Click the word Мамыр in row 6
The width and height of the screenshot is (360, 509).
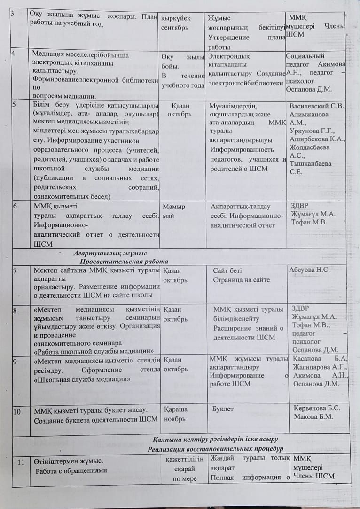173,207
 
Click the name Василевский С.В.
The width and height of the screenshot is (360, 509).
317,106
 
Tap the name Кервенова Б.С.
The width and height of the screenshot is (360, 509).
317,408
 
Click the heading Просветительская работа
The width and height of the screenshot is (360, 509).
124,261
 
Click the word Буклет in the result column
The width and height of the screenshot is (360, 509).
223,409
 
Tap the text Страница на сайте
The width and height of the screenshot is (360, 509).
241,280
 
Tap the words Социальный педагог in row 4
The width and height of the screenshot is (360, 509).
305,60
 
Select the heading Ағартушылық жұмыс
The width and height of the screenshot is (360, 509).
110,253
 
